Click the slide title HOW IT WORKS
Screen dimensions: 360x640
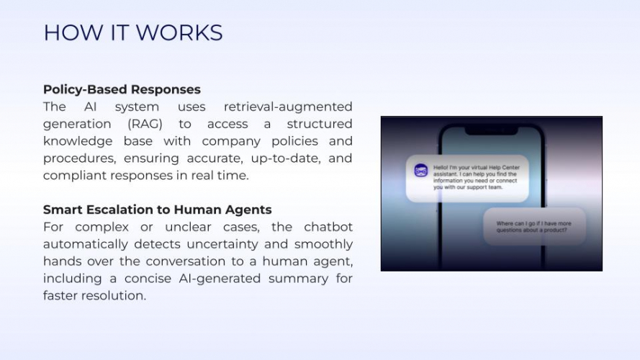pos(132,33)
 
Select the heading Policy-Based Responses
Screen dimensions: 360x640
pos(122,89)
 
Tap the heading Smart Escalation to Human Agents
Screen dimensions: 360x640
pos(157,210)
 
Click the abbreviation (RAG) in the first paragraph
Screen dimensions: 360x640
pos(145,124)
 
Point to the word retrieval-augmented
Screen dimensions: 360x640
pos(288,107)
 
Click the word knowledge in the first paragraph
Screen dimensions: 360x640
pos(77,141)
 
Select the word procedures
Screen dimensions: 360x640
pos(79,158)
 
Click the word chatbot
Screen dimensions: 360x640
pos(328,227)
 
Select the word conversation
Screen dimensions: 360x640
pos(187,261)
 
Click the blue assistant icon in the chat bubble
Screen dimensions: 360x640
pos(421,171)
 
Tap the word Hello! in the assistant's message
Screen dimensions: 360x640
pos(442,167)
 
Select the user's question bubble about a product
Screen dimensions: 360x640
pos(533,227)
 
